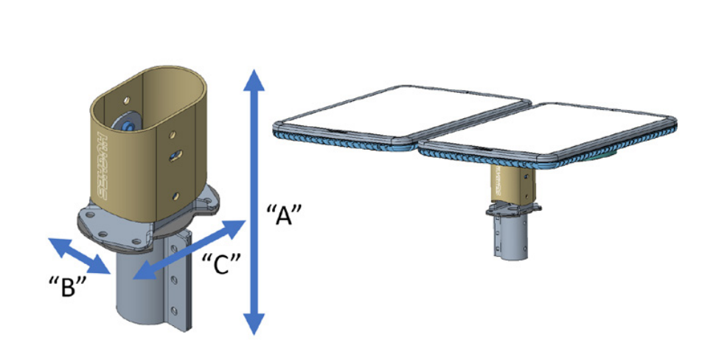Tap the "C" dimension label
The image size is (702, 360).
(218, 263)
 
